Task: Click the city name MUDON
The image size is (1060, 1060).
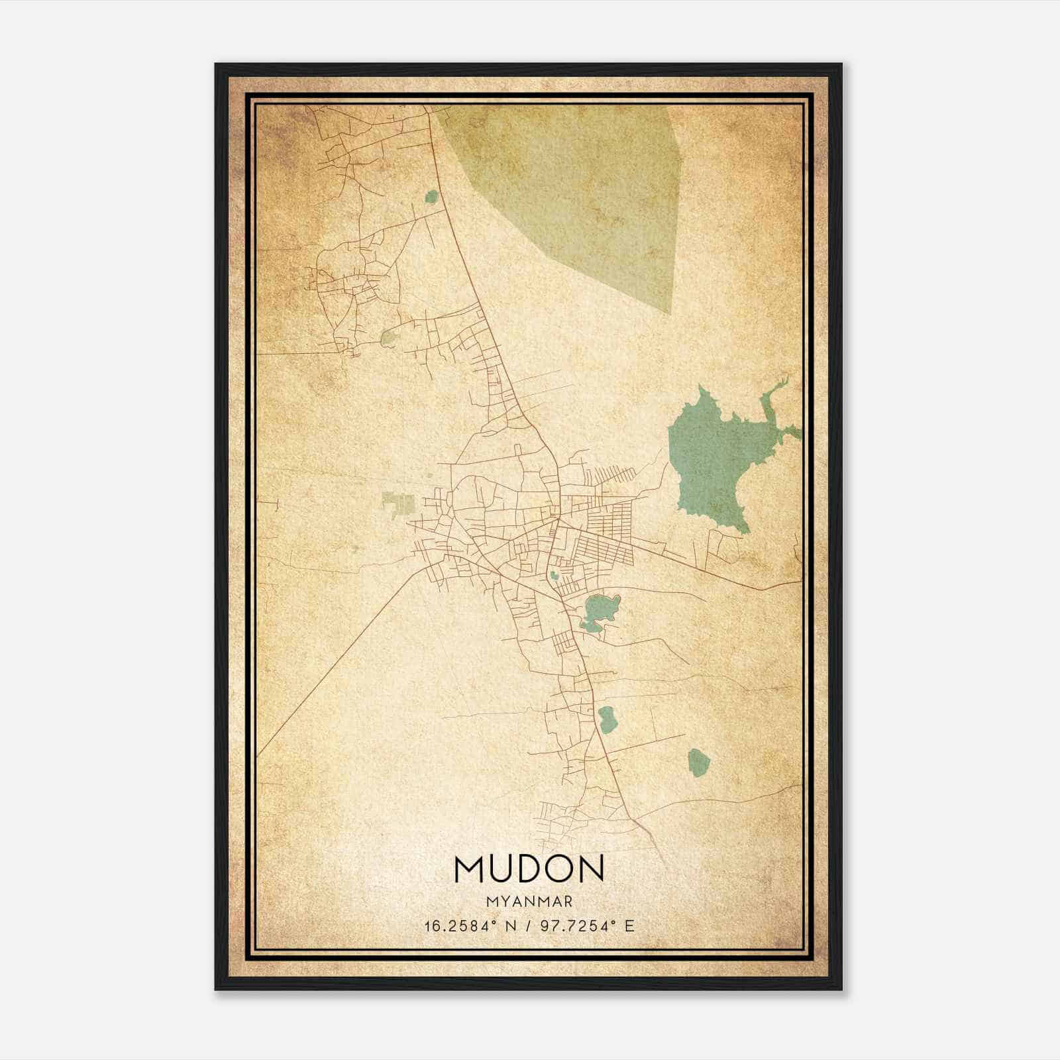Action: pyautogui.click(x=529, y=869)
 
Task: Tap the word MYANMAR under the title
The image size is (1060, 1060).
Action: pyautogui.click(x=529, y=902)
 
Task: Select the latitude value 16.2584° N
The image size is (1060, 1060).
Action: pyautogui.click(x=468, y=926)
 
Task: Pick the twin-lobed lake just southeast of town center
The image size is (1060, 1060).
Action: pyautogui.click(x=600, y=611)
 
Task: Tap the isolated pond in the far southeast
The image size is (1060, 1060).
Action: pyautogui.click(x=698, y=763)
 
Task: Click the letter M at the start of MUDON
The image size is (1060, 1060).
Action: pyautogui.click(x=469, y=869)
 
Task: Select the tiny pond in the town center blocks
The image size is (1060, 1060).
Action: pyautogui.click(x=553, y=575)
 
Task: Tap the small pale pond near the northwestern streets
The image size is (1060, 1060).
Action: pyautogui.click(x=388, y=339)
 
